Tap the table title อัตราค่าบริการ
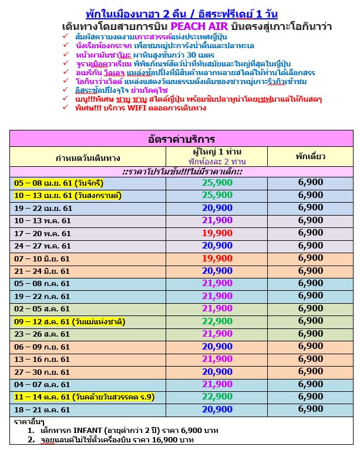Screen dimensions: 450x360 pos(181,139)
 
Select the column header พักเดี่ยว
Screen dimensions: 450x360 pos(310,156)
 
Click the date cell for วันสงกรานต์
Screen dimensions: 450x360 pos(68,195)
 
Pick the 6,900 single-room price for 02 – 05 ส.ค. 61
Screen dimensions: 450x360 pos(310,308)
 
